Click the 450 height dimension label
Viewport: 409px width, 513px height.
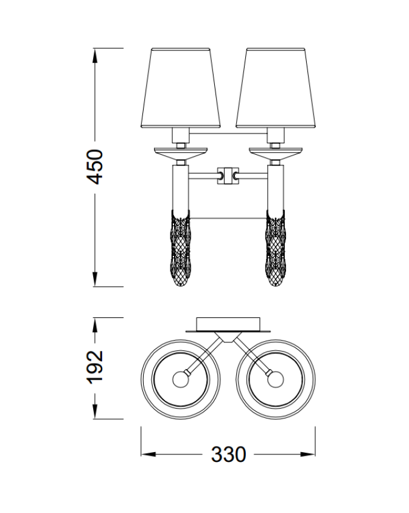pyautogui.click(x=95, y=167)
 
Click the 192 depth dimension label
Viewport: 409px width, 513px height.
pyautogui.click(x=95, y=366)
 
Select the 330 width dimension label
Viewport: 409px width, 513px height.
pyautogui.click(x=228, y=455)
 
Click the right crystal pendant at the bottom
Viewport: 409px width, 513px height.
pyautogui.click(x=275, y=249)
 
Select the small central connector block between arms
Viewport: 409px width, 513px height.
pyautogui.click(x=228, y=175)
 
